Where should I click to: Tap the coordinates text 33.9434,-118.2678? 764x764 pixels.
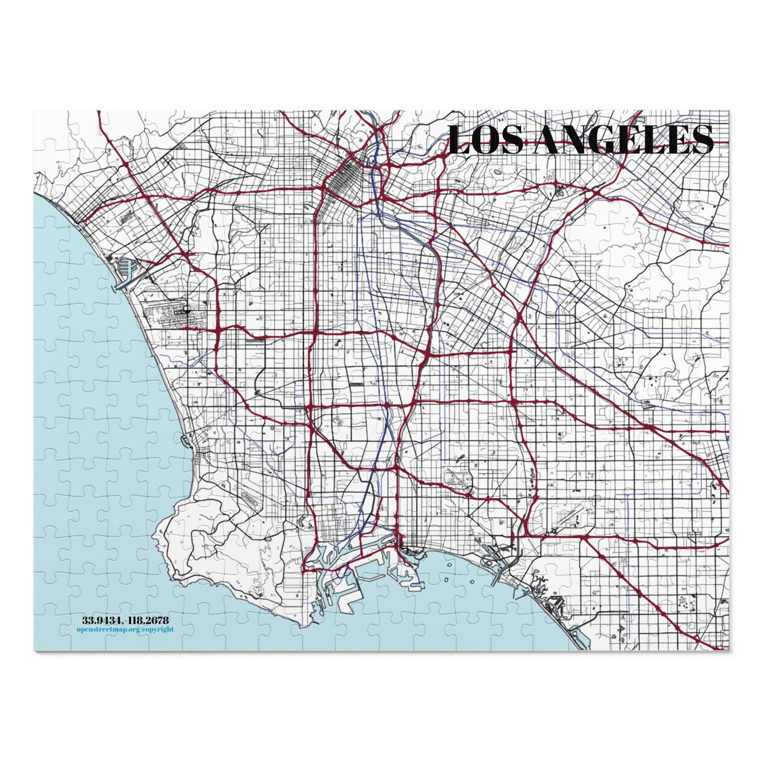coord(126,620)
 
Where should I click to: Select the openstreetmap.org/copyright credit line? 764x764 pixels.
coord(125,629)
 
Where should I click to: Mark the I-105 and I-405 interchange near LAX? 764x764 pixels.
coord(217,331)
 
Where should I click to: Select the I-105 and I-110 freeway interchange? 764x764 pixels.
coord(314,332)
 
